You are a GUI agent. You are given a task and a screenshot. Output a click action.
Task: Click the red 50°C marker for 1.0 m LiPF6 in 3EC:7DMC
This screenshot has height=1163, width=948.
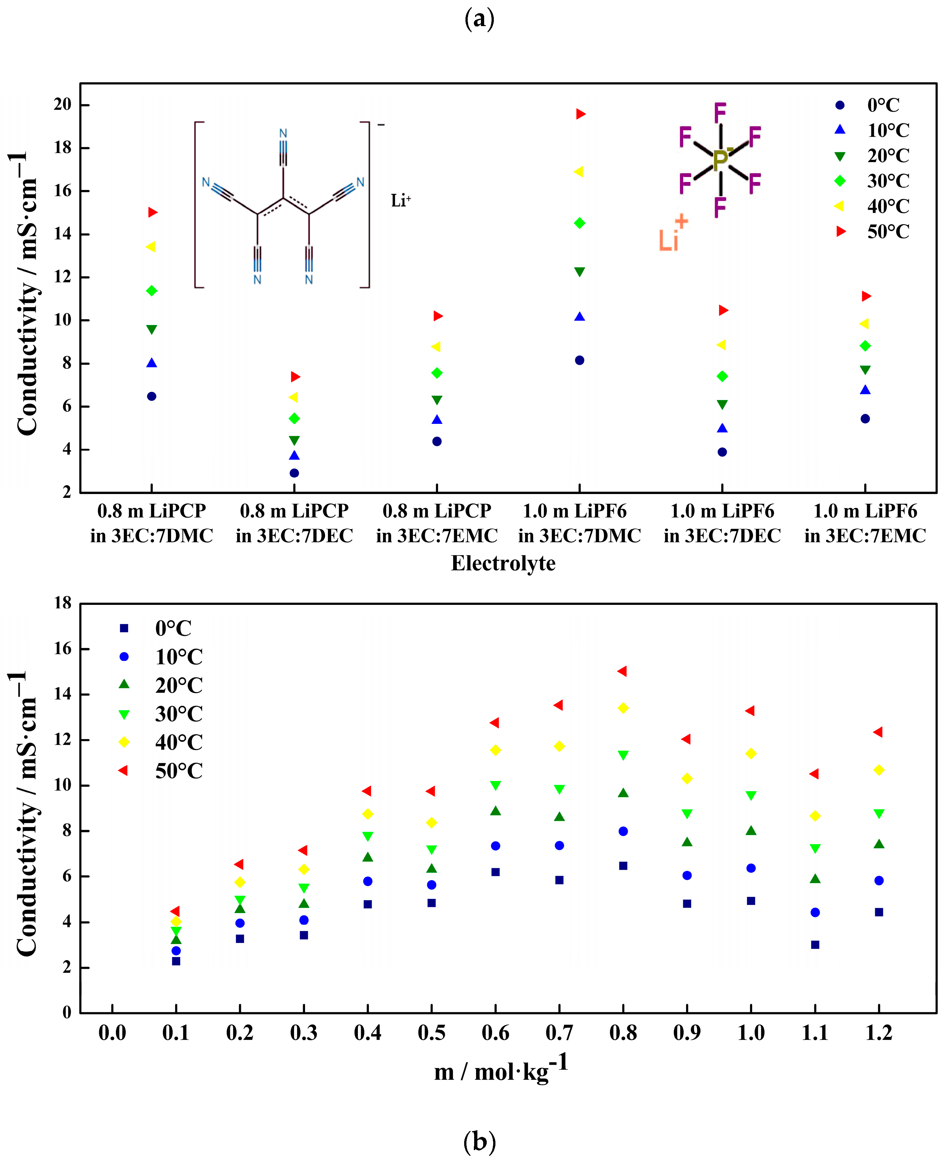click(580, 114)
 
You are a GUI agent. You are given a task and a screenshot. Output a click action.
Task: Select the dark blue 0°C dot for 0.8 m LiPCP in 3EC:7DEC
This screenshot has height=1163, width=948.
click(294, 473)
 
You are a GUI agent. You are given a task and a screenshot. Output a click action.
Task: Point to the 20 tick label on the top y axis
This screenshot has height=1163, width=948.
click(63, 104)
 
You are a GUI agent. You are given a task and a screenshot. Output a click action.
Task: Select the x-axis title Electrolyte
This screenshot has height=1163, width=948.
click(503, 563)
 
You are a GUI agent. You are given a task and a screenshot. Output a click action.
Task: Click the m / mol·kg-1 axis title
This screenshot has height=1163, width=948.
click(501, 1070)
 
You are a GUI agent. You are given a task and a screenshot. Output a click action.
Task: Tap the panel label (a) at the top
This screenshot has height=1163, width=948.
click(479, 19)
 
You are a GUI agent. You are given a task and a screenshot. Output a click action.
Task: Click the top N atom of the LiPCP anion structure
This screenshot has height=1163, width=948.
click(283, 133)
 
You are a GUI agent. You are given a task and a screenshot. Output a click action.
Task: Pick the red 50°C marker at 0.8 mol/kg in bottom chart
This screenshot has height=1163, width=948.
click(622, 671)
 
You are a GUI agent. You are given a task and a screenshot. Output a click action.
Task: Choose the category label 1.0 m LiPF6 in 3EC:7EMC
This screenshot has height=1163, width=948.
click(865, 523)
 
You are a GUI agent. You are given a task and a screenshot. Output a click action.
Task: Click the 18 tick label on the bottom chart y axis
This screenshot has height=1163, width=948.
click(63, 603)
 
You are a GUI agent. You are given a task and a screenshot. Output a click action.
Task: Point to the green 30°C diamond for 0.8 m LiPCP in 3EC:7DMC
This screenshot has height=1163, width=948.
click(152, 291)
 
